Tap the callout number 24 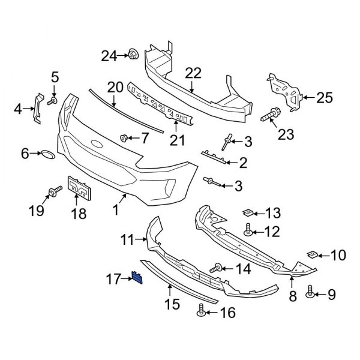[x=109, y=56]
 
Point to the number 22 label [x=193, y=74]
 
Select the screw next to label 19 [x=52, y=192]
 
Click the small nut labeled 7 [x=124, y=139]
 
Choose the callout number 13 [x=273, y=212]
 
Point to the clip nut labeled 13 [x=247, y=212]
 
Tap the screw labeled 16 [x=202, y=310]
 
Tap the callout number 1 [x=116, y=210]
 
